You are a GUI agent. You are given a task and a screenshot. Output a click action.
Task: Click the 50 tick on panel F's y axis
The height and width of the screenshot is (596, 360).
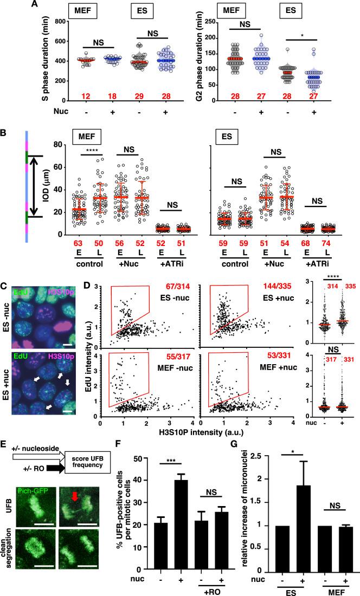click(x=161, y=475)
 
